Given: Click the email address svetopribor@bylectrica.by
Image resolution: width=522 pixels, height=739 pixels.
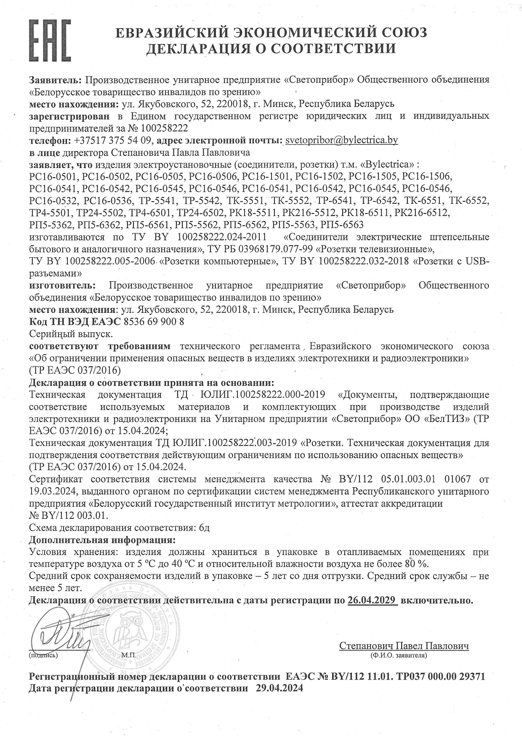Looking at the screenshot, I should (x=341, y=140).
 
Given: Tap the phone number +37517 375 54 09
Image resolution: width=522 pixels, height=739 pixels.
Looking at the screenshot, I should (x=112, y=140).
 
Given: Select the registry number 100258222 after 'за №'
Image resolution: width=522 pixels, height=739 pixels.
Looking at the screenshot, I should (x=165, y=128).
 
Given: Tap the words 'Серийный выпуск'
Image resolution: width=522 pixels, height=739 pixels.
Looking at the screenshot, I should (x=71, y=334).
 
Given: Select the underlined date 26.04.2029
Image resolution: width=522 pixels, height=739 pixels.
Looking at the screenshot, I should (x=373, y=600).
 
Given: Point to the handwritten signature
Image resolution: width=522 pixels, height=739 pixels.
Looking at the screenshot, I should (x=61, y=632).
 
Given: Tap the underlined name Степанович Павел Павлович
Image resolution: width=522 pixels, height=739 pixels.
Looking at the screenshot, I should (x=404, y=646).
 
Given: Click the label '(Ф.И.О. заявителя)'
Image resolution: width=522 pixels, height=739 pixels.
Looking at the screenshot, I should (x=399, y=655).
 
